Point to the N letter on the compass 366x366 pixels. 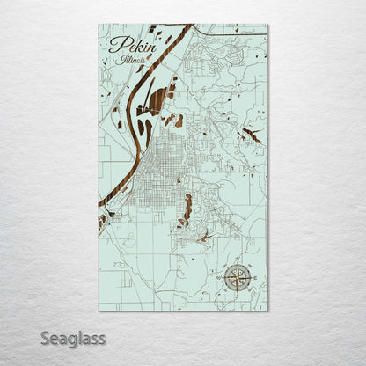tap(235, 262)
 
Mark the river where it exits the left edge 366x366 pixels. tap(101, 208)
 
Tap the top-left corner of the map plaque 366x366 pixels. tap(99, 25)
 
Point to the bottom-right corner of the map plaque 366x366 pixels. tap(268, 310)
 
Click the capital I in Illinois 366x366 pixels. tap(116, 62)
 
